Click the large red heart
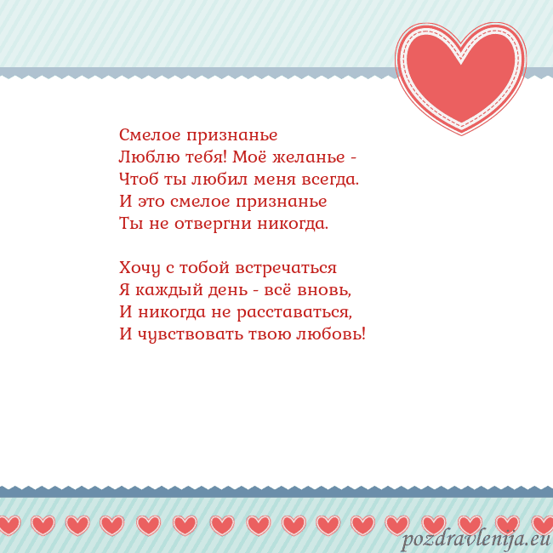[460, 77]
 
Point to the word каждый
[166, 291]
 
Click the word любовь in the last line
[332, 334]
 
